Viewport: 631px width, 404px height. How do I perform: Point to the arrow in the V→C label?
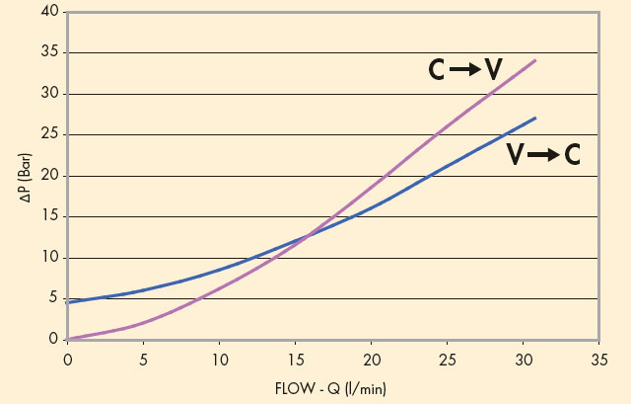[543, 154]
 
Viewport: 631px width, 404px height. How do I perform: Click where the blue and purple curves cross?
[307, 236]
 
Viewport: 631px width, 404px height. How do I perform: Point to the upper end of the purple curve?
[535, 60]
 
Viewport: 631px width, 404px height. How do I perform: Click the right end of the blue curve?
[535, 118]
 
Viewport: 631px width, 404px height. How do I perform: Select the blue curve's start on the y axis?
[67, 302]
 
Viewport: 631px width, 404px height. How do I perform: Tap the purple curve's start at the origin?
[67, 339]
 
